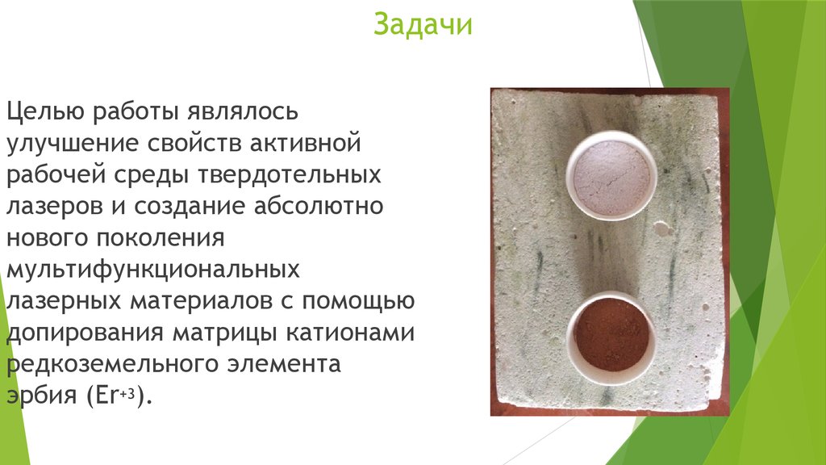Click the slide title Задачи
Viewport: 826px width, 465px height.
pos(422,27)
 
